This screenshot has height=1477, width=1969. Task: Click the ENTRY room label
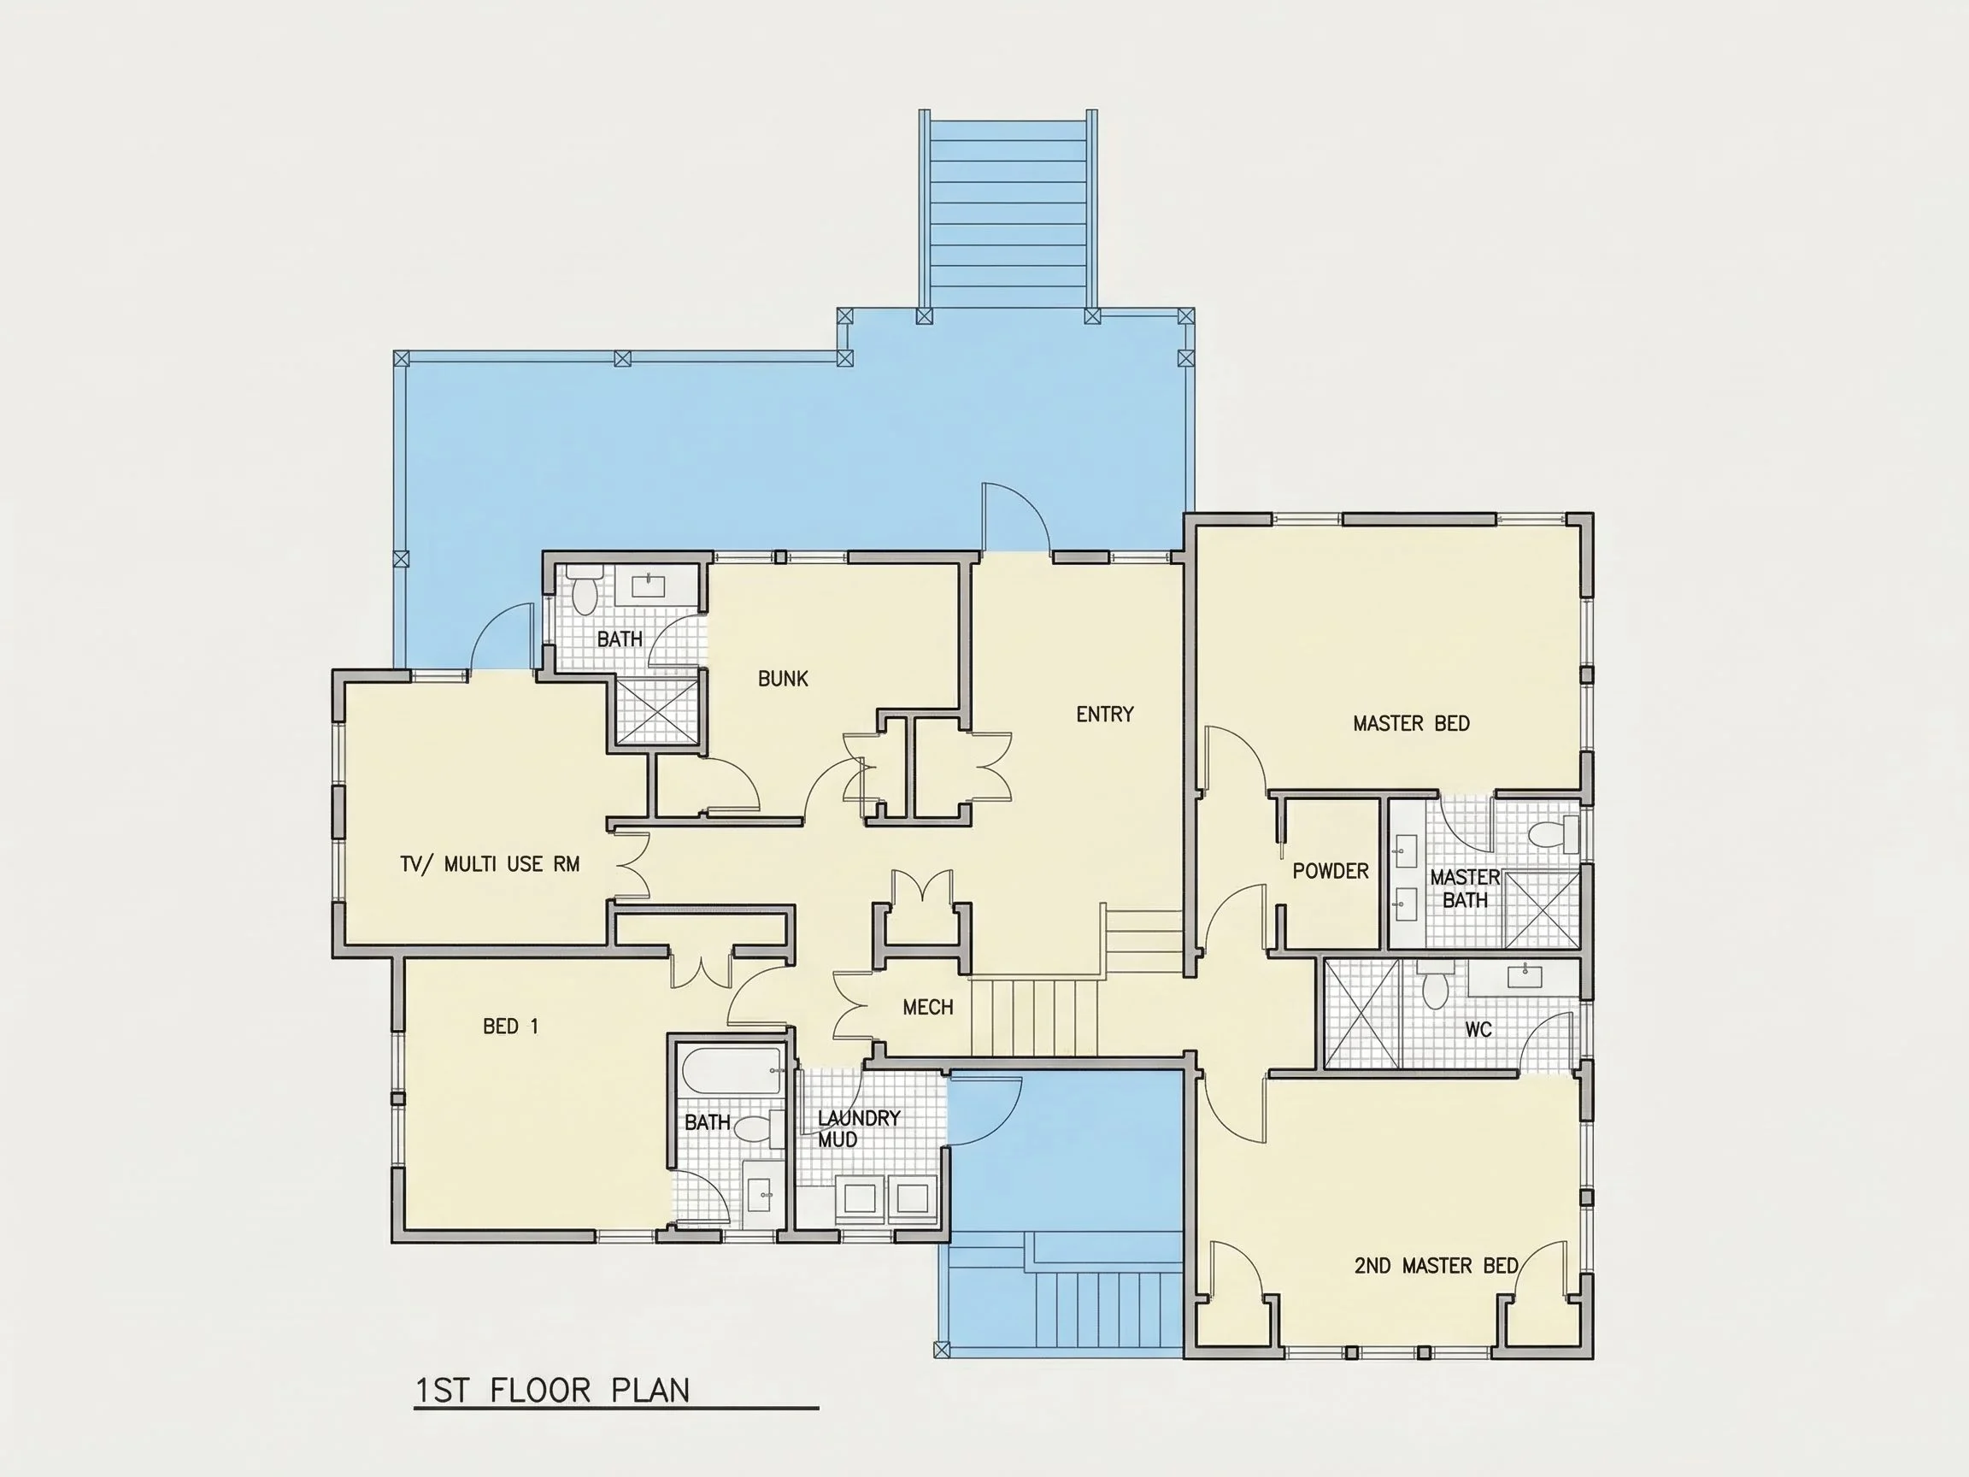(x=1105, y=714)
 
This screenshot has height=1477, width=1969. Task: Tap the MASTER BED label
(x=1411, y=724)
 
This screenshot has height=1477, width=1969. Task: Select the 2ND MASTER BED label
(x=1436, y=1265)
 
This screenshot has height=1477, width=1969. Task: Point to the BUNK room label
(x=784, y=679)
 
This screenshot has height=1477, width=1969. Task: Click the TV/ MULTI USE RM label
(x=491, y=863)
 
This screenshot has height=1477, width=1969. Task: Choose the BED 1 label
(x=511, y=1027)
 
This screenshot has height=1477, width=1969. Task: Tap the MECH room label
(x=927, y=1007)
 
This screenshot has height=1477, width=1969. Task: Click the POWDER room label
(x=1331, y=871)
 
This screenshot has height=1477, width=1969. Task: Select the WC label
(x=1478, y=1029)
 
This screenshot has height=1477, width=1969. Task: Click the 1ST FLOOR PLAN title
(x=553, y=1391)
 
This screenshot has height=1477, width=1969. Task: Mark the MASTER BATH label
(x=1465, y=889)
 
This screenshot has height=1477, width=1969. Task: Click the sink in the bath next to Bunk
(x=648, y=585)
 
